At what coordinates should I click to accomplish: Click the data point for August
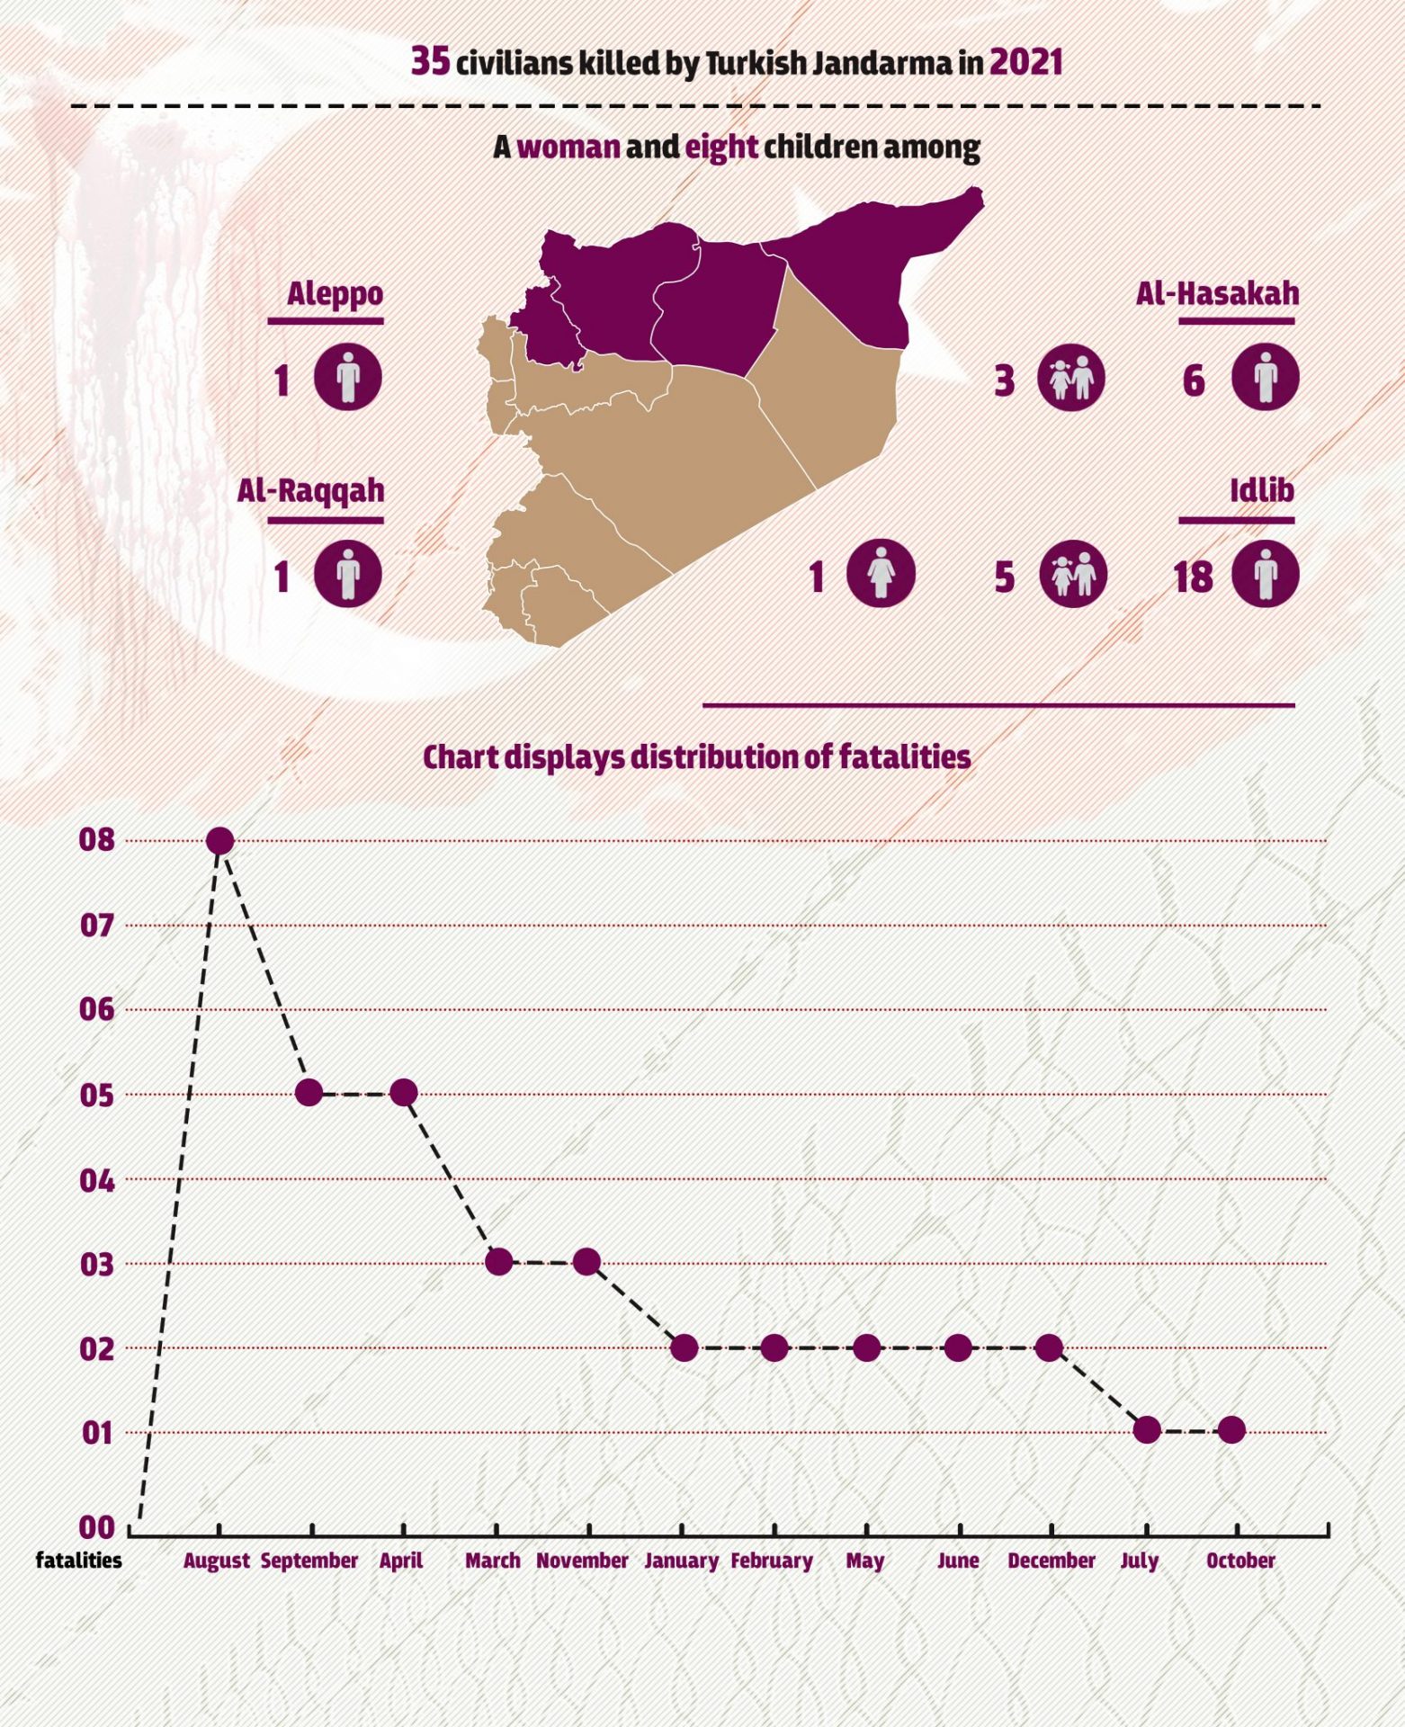[x=220, y=841]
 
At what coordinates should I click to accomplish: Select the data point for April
[x=404, y=1093]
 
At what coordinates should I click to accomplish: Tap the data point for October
[x=1232, y=1429]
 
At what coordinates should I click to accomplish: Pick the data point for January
[x=685, y=1347]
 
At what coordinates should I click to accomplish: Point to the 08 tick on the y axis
[x=97, y=840]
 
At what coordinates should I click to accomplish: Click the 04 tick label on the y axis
[x=97, y=1180]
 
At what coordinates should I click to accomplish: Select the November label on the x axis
[x=582, y=1561]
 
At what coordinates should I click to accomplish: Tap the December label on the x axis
[x=1052, y=1561]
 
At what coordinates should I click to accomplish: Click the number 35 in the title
[x=430, y=61]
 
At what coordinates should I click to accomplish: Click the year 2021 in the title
[x=1026, y=62]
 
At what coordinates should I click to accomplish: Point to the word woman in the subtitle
[x=568, y=147]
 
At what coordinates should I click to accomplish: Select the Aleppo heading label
[x=335, y=293]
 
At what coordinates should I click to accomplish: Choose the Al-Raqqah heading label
[x=310, y=490]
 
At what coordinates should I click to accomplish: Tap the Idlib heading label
[x=1262, y=490]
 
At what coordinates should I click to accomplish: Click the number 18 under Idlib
[x=1193, y=577]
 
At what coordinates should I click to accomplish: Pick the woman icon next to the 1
[x=881, y=573]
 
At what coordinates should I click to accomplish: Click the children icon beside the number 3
[x=1071, y=377]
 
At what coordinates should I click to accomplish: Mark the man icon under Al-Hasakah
[x=1265, y=376]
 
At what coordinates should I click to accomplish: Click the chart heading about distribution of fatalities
[x=697, y=757]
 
